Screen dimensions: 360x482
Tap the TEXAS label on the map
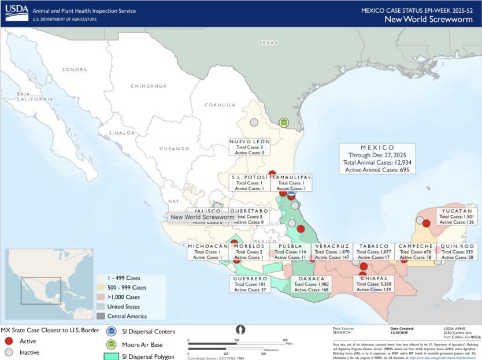[x=268, y=43]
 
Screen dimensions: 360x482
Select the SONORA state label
[x=74, y=69]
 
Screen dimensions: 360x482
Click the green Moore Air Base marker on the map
[x=284, y=123]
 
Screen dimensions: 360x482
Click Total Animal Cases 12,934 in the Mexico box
[x=376, y=162]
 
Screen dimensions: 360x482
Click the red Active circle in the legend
[x=9, y=341]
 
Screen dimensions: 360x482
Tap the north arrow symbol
[x=241, y=329]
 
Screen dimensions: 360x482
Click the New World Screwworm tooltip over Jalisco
[x=202, y=217]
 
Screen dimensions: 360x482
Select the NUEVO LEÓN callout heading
[x=250, y=142]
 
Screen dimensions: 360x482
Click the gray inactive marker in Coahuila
[x=254, y=122]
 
